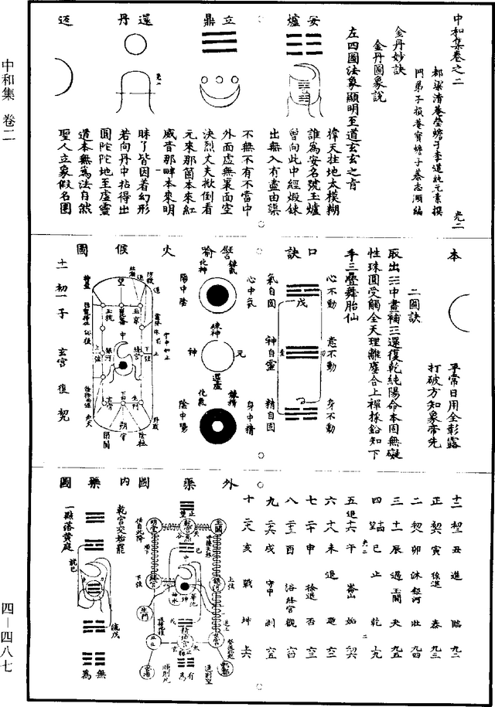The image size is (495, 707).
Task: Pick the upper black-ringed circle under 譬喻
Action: [x=214, y=296]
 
